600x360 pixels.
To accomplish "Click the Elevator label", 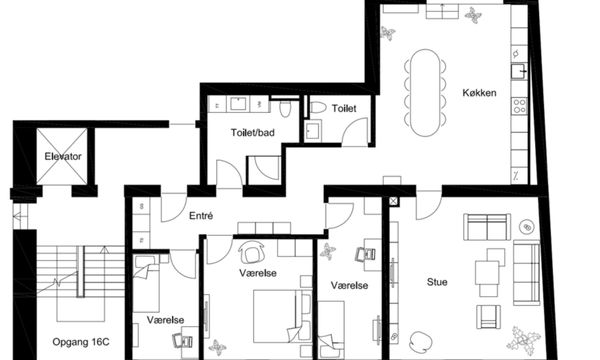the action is (63, 156).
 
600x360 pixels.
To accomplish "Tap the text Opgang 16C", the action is (81, 342).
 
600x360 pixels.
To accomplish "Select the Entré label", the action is (201, 216).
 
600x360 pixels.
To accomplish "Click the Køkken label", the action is (479, 93).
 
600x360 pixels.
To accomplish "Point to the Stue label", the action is (437, 282).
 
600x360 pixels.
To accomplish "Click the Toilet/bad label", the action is (253, 133).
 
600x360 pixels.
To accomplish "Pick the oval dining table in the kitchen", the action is (425, 93).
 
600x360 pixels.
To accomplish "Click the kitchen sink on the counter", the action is (520, 72).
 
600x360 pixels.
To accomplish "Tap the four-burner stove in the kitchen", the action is (520, 106).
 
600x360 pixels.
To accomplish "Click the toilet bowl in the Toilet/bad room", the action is (285, 109).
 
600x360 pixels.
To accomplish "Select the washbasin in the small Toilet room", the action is (313, 130).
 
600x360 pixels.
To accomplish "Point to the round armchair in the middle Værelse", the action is (251, 252).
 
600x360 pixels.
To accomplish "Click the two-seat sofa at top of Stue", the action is (487, 227).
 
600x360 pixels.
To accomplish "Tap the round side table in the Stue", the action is (527, 227).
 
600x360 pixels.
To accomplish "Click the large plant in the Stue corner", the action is (524, 340).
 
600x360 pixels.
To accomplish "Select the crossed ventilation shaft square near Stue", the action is (394, 201).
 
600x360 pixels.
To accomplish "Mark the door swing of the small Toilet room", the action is (355, 132).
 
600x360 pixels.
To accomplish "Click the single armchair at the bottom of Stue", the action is (488, 316).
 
